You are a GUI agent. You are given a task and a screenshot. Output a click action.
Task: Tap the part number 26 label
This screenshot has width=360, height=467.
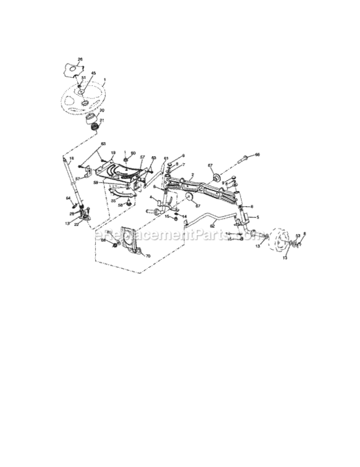click(79, 59)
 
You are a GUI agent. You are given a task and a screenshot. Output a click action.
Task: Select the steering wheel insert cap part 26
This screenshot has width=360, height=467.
click(73, 67)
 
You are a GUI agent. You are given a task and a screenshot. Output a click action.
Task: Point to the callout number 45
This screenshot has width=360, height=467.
click(93, 73)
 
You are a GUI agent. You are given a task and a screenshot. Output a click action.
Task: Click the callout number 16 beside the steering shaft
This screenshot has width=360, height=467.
click(71, 159)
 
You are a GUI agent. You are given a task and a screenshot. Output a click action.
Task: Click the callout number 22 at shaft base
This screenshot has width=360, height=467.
click(76, 225)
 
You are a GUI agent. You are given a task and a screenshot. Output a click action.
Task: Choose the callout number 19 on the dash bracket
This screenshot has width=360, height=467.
click(113, 153)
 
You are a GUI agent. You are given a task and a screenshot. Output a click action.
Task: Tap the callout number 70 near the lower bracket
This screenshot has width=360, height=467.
click(148, 256)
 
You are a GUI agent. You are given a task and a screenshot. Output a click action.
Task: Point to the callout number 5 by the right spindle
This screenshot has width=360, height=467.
click(257, 217)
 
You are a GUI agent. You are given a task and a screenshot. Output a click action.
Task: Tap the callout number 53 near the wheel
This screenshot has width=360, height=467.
click(298, 236)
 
